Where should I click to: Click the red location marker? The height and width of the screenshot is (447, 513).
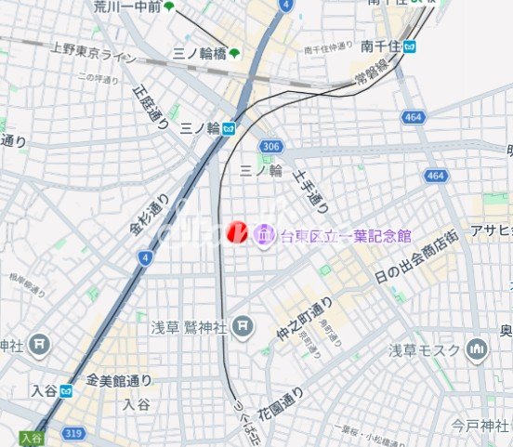pyautogui.click(x=237, y=232)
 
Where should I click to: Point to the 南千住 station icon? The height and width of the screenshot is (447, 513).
pyautogui.click(x=410, y=46)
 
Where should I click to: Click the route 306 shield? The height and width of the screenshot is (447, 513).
pyautogui.click(x=271, y=147)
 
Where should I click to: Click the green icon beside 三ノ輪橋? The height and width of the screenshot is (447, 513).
pyautogui.click(x=235, y=54)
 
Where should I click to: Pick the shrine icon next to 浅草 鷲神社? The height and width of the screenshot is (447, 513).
pyautogui.click(x=243, y=326)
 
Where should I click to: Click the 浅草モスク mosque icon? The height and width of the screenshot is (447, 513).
pyautogui.click(x=478, y=349)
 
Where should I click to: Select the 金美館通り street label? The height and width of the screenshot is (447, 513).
pyautogui.click(x=119, y=380)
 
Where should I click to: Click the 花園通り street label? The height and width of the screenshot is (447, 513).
pyautogui.click(x=281, y=402)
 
